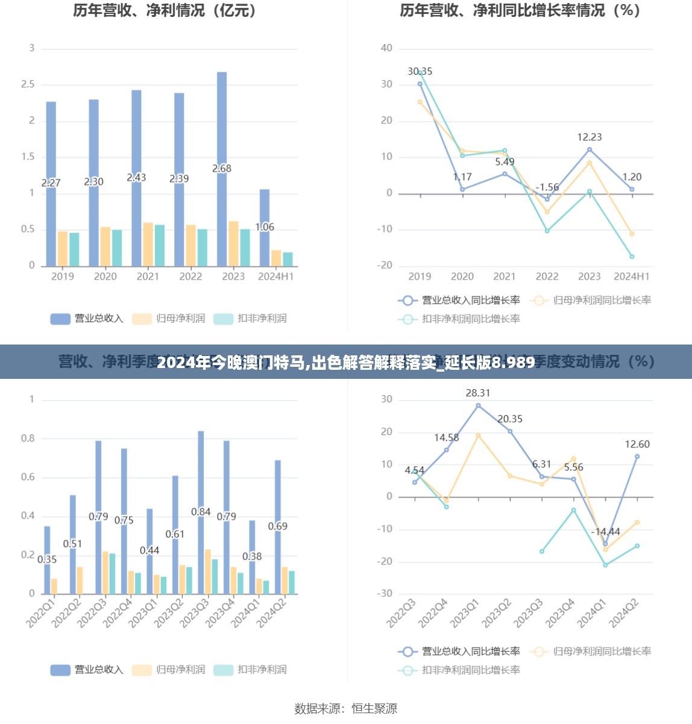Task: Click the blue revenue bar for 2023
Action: point(222,169)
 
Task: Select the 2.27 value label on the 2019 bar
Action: point(51,183)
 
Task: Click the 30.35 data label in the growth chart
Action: point(420,72)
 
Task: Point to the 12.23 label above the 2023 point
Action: point(589,137)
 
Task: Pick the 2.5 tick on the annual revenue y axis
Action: point(28,84)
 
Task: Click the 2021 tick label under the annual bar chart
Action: point(148,276)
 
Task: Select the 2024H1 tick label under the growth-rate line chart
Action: point(631,276)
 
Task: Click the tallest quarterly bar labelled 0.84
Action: point(201,511)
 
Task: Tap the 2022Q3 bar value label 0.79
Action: point(98,517)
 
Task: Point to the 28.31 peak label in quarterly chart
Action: point(478,393)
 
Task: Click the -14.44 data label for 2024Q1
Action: point(605,532)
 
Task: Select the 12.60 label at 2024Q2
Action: point(637,445)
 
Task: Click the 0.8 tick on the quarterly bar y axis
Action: point(28,438)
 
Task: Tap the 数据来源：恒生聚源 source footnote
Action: point(346,709)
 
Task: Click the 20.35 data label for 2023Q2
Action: point(510,419)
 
